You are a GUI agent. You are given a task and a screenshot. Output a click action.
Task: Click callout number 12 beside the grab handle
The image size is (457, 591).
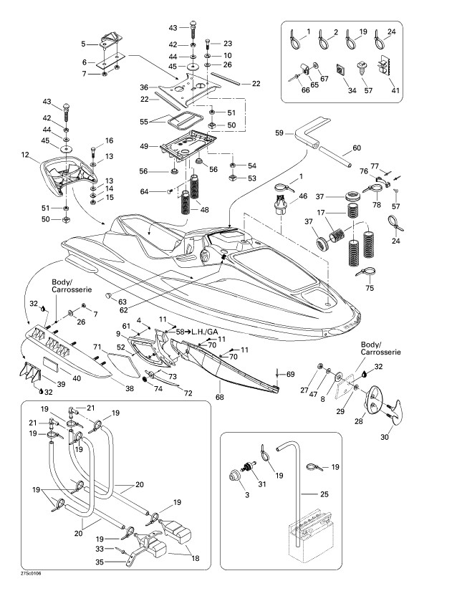point(25,155)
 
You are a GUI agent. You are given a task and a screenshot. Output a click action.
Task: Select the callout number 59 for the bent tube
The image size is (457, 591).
point(279,133)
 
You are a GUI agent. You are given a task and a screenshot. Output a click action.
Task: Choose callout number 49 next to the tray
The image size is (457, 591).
point(144,147)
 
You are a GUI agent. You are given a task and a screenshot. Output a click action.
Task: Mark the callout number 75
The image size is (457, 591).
point(370,289)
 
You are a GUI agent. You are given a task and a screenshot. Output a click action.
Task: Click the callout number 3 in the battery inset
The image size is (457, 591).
point(248,494)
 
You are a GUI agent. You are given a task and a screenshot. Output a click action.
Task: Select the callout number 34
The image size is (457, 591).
point(351,92)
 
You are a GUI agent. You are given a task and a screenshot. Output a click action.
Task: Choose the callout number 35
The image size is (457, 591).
point(100,562)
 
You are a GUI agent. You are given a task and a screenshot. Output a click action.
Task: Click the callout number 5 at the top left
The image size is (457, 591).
point(84,44)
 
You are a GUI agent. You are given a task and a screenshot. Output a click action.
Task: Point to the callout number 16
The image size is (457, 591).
point(110,140)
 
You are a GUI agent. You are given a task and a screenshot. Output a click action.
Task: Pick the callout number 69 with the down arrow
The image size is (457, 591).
point(290,375)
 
